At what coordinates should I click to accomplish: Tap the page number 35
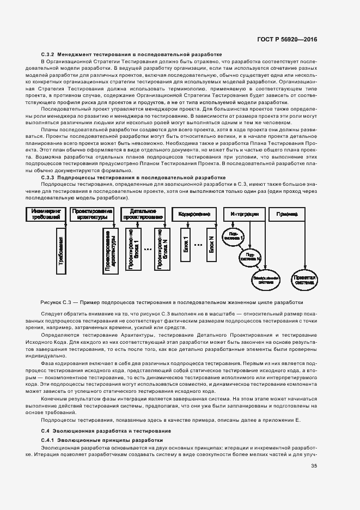click(x=314, y=466)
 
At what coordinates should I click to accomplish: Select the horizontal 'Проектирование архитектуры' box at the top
click(x=93, y=214)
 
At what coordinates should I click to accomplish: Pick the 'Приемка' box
click(x=288, y=214)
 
